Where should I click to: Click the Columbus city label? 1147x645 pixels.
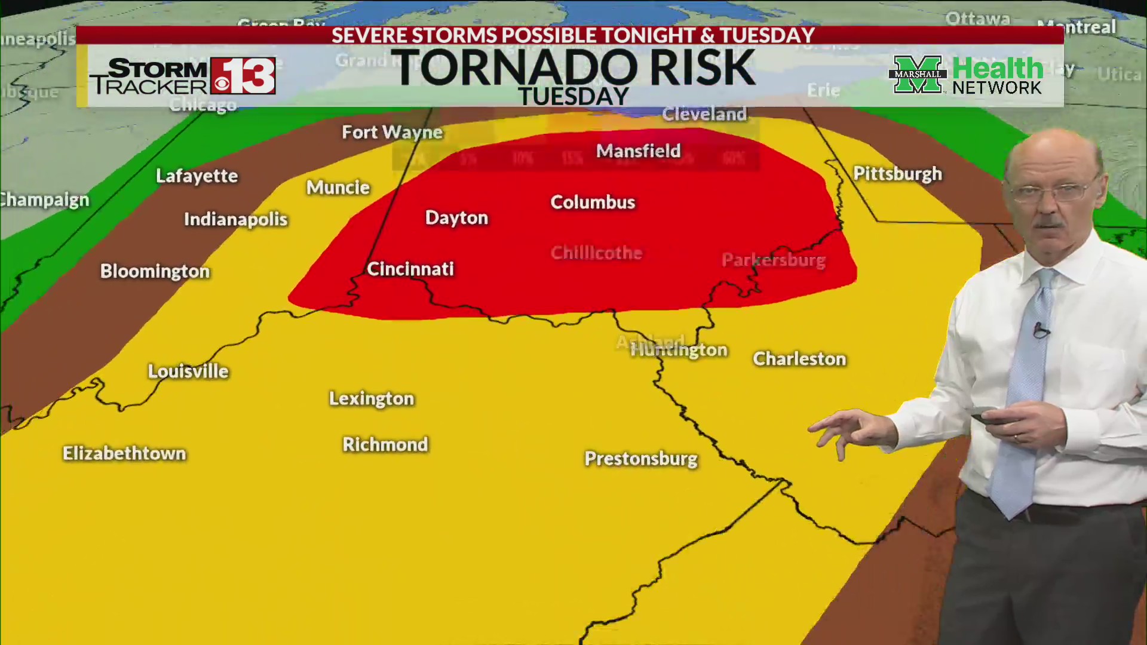(x=592, y=202)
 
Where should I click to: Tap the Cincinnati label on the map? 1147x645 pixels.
(x=410, y=269)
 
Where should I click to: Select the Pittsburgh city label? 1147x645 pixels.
(x=897, y=174)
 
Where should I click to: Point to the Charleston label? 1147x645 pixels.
(x=799, y=359)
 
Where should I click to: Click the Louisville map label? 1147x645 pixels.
(x=188, y=371)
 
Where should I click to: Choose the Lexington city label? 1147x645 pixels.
(x=372, y=399)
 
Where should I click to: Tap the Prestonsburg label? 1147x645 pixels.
(x=641, y=459)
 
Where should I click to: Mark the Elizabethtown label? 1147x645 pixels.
(x=124, y=454)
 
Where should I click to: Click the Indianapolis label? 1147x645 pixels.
(x=235, y=219)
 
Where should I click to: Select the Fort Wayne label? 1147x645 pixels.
(x=392, y=132)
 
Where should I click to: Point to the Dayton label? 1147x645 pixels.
(x=456, y=218)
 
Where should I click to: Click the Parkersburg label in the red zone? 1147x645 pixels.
(x=774, y=260)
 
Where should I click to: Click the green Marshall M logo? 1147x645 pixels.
(x=917, y=75)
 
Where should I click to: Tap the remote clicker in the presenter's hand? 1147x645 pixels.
(x=989, y=416)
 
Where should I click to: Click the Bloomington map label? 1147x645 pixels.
(x=155, y=271)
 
